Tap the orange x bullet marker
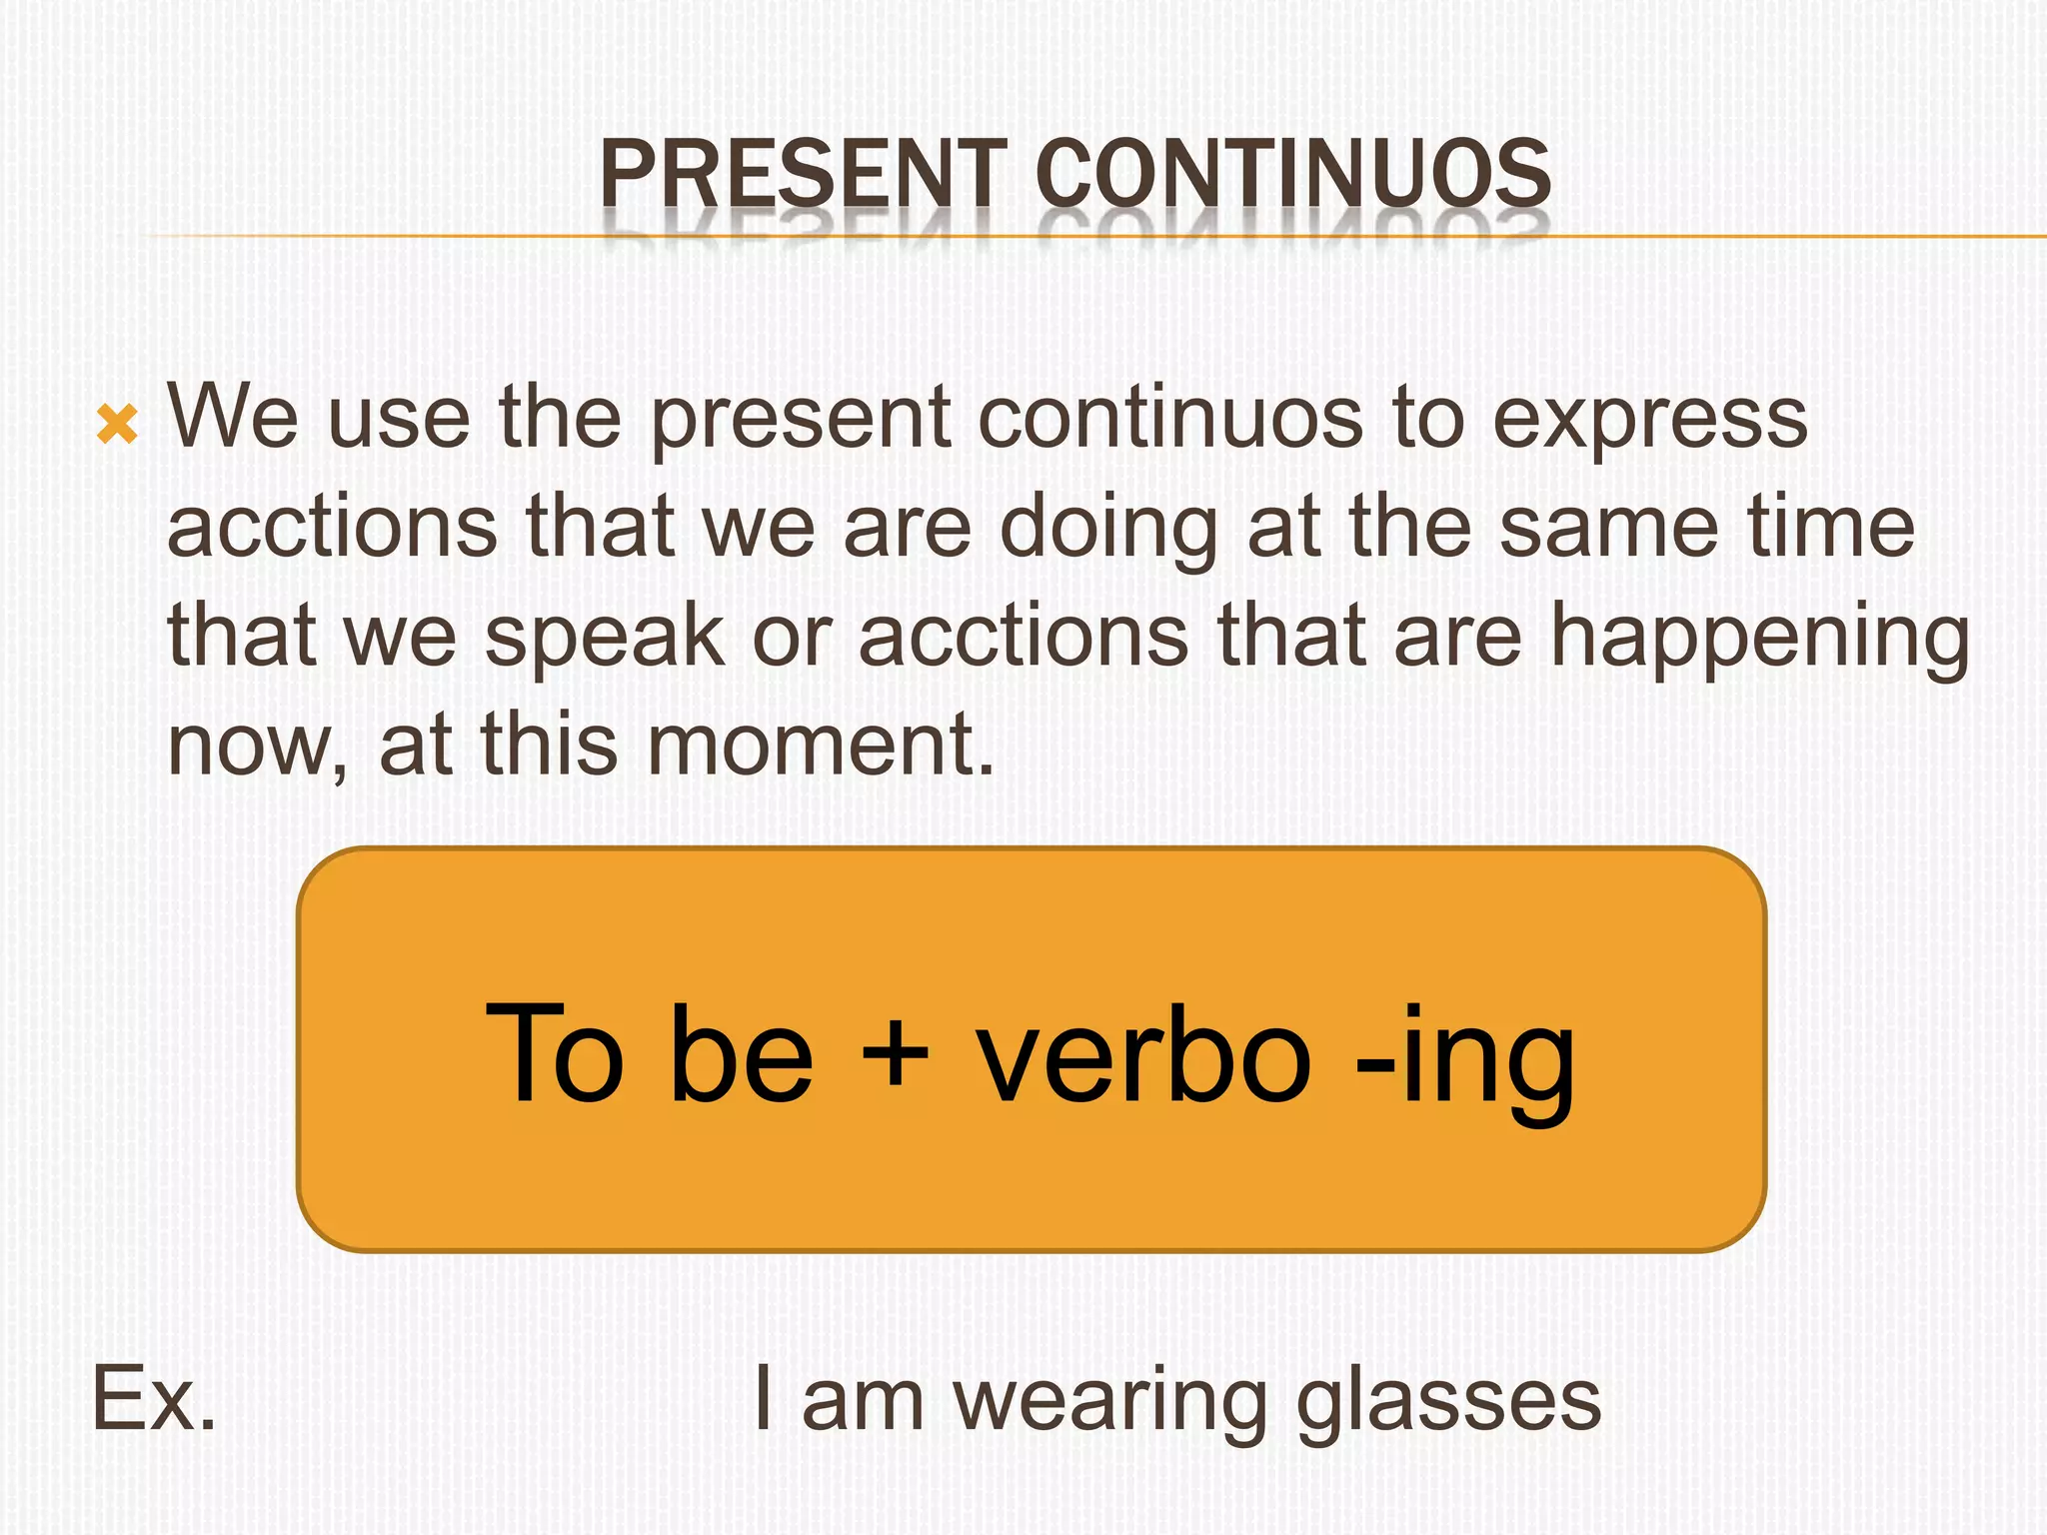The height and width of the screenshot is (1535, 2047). point(117,425)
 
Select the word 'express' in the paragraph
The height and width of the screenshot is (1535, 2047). point(1649,420)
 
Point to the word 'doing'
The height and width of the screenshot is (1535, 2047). point(1108,530)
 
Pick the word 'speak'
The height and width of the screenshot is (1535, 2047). point(605,640)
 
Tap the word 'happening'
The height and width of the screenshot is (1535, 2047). point(1759,640)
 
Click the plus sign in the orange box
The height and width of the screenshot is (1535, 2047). point(894,1054)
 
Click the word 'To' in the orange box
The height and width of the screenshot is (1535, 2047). point(556,1054)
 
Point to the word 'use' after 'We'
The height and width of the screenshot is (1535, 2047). point(399,420)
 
